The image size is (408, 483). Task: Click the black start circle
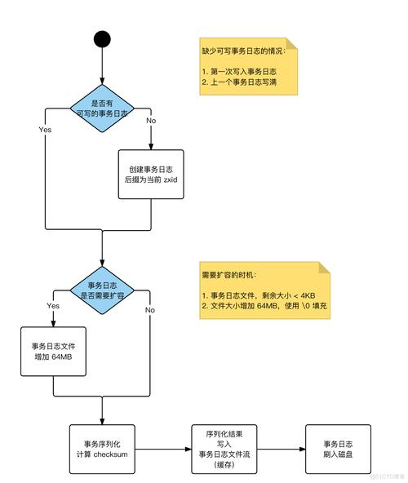(x=101, y=38)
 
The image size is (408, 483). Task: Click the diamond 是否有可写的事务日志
(x=102, y=109)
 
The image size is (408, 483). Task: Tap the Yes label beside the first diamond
(x=46, y=129)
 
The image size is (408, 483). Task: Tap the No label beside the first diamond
(x=150, y=121)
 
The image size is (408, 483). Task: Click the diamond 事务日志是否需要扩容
(x=102, y=290)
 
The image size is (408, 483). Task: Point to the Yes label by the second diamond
(x=53, y=305)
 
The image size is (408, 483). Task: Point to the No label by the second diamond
(x=150, y=310)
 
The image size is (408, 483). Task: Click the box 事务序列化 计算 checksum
(x=102, y=449)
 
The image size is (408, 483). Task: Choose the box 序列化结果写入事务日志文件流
(x=224, y=449)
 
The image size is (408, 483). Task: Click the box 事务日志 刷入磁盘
(x=336, y=449)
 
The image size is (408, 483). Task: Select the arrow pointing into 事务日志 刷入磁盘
(x=282, y=449)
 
